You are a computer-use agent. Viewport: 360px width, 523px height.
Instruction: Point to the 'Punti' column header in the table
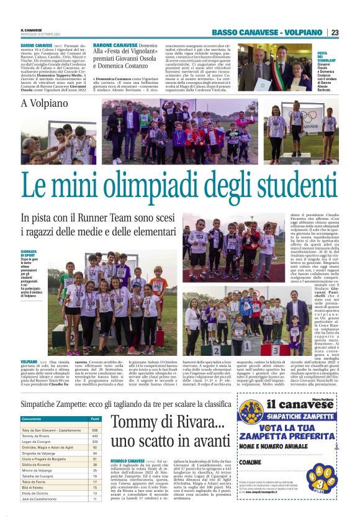[95, 419]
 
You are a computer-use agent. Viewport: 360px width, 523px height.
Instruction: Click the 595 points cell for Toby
[95, 430]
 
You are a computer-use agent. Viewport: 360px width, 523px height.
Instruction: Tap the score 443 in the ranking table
[95, 436]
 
